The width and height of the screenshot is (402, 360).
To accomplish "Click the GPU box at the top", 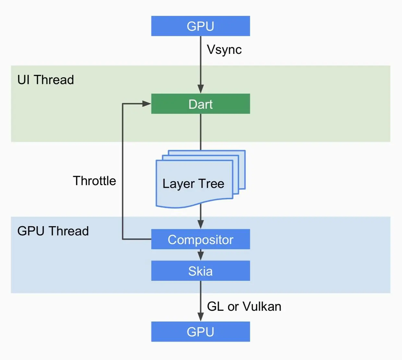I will [x=200, y=26].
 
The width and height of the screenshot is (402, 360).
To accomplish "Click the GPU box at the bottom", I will [x=200, y=331].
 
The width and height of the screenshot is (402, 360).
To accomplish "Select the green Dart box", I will [x=200, y=104].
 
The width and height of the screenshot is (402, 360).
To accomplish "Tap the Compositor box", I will [x=200, y=239].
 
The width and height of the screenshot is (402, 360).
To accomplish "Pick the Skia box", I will [x=200, y=271].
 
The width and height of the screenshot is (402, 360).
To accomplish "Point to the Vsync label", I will [x=224, y=50].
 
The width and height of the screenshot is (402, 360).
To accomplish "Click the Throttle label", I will [x=94, y=181].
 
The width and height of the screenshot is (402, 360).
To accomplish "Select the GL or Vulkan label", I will [x=244, y=306].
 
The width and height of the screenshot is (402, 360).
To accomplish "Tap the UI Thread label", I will [x=46, y=80].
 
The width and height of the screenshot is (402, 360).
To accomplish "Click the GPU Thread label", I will [x=53, y=231].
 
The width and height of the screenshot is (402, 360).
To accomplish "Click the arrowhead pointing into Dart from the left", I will [x=147, y=104].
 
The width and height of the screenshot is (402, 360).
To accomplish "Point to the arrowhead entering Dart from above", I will [x=201, y=89].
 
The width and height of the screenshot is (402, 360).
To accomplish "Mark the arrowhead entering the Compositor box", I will [x=201, y=224].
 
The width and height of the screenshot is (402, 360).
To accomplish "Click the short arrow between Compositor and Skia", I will [x=201, y=255].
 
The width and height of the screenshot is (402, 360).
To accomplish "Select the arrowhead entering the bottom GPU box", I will [x=201, y=317].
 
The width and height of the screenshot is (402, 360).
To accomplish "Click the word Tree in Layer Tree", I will [x=211, y=184].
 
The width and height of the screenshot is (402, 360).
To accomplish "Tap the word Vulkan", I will [x=262, y=306].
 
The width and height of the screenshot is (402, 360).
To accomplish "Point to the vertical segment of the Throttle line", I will [x=123, y=172].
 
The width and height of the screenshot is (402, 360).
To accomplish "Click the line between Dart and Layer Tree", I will [x=201, y=131].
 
